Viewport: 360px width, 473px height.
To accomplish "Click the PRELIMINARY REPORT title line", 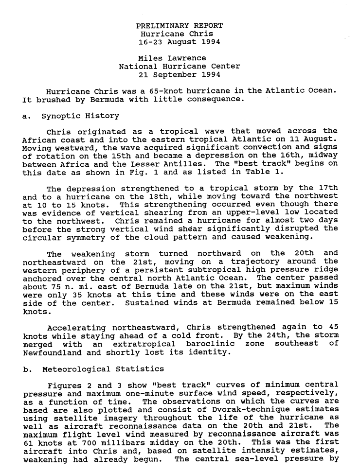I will pyautogui.click(x=180, y=26).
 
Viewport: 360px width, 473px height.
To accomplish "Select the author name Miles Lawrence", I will pyautogui.click(x=172, y=58).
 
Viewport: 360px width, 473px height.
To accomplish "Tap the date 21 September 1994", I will pyautogui.click(x=180, y=75).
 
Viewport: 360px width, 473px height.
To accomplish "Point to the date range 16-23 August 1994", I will pyautogui.click(x=180, y=42).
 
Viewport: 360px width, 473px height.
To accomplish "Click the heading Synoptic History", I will pyautogui.click(x=80, y=116).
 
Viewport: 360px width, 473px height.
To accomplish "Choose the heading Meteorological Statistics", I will pyautogui.click(x=103, y=369).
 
